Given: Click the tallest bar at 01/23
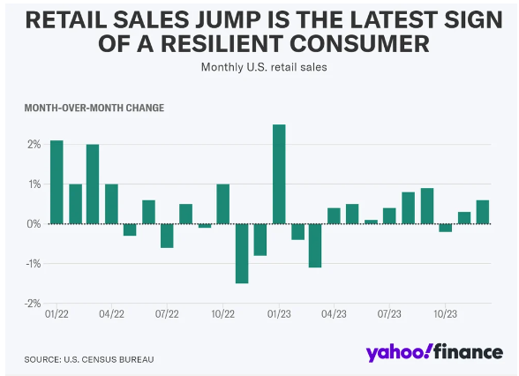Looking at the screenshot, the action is pos(279,174).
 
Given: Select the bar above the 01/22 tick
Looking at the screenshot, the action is pos(56,182).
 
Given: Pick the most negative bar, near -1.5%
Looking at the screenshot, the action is pos(242,253).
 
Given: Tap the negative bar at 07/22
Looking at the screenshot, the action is pos(167,236).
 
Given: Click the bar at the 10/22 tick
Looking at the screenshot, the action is pos(222,204).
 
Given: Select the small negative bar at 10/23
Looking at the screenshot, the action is pos(445,228).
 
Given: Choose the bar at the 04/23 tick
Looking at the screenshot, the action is pos(334,215).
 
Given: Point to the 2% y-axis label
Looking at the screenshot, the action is pos(34,145).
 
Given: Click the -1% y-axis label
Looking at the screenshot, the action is pos(34,263).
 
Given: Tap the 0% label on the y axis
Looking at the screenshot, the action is pos(34,224).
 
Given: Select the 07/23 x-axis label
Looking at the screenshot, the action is pos(389,313).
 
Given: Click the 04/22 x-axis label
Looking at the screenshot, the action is pos(111,313).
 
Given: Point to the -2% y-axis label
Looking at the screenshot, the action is pos(33,304).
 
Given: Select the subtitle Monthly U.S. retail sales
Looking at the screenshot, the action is pos(264,67).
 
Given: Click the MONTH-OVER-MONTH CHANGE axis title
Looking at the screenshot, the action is pos(94,108).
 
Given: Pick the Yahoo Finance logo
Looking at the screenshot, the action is pos(434,352).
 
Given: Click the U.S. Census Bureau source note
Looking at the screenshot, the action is pos(89,359).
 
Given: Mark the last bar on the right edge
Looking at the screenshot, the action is pos(483,212).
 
